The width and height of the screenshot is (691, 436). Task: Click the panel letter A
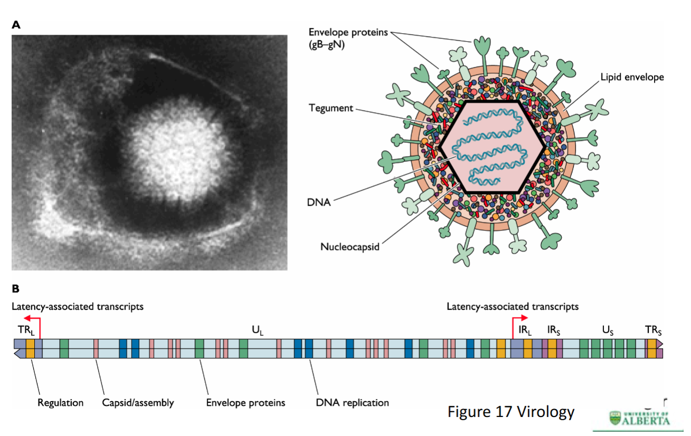point(16,25)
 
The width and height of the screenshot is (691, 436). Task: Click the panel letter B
point(16,289)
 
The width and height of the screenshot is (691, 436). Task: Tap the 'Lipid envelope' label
point(632,77)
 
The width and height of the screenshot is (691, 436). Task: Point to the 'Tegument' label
point(330,108)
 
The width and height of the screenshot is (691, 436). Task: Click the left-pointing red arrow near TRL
point(32,319)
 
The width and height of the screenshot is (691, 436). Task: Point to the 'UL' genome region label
point(257,331)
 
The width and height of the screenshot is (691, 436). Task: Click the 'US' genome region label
point(608,331)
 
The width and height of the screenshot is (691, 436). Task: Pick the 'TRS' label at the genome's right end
point(653,331)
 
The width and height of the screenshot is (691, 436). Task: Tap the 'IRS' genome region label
point(554,331)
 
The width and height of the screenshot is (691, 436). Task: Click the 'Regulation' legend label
point(60,403)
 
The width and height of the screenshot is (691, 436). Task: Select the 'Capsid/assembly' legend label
point(138,403)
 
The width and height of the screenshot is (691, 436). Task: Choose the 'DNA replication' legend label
point(353,403)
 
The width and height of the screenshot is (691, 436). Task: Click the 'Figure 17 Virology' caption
point(511,411)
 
